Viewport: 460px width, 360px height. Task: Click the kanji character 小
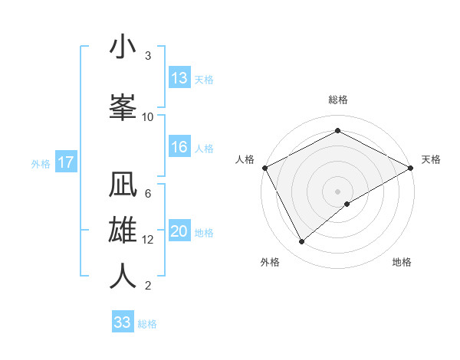coord(123,47)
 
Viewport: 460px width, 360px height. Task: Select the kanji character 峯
coord(123,106)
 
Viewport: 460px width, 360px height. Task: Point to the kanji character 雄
coord(123,229)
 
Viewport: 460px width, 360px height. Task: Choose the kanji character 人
coord(123,276)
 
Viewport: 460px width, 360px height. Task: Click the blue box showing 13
coord(179,78)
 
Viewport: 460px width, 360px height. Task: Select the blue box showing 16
coord(179,147)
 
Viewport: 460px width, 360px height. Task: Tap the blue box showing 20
coord(179,231)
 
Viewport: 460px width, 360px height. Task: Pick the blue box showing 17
coord(66,162)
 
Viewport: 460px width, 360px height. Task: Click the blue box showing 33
coord(123,322)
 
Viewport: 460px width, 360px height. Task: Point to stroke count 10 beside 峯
coord(148,117)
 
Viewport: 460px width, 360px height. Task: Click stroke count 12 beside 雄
coord(148,240)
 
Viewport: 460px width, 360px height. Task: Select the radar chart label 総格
coord(337,100)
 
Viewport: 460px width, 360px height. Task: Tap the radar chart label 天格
coord(431,159)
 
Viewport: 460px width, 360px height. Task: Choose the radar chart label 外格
coord(269,263)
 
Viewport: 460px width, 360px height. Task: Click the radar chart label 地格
coord(402,263)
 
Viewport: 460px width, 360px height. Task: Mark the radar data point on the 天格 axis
coord(411,167)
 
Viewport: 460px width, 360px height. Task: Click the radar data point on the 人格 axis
coord(264,167)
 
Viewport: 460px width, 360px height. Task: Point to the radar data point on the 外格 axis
coord(302,241)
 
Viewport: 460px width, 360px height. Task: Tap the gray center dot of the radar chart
coord(337,191)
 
